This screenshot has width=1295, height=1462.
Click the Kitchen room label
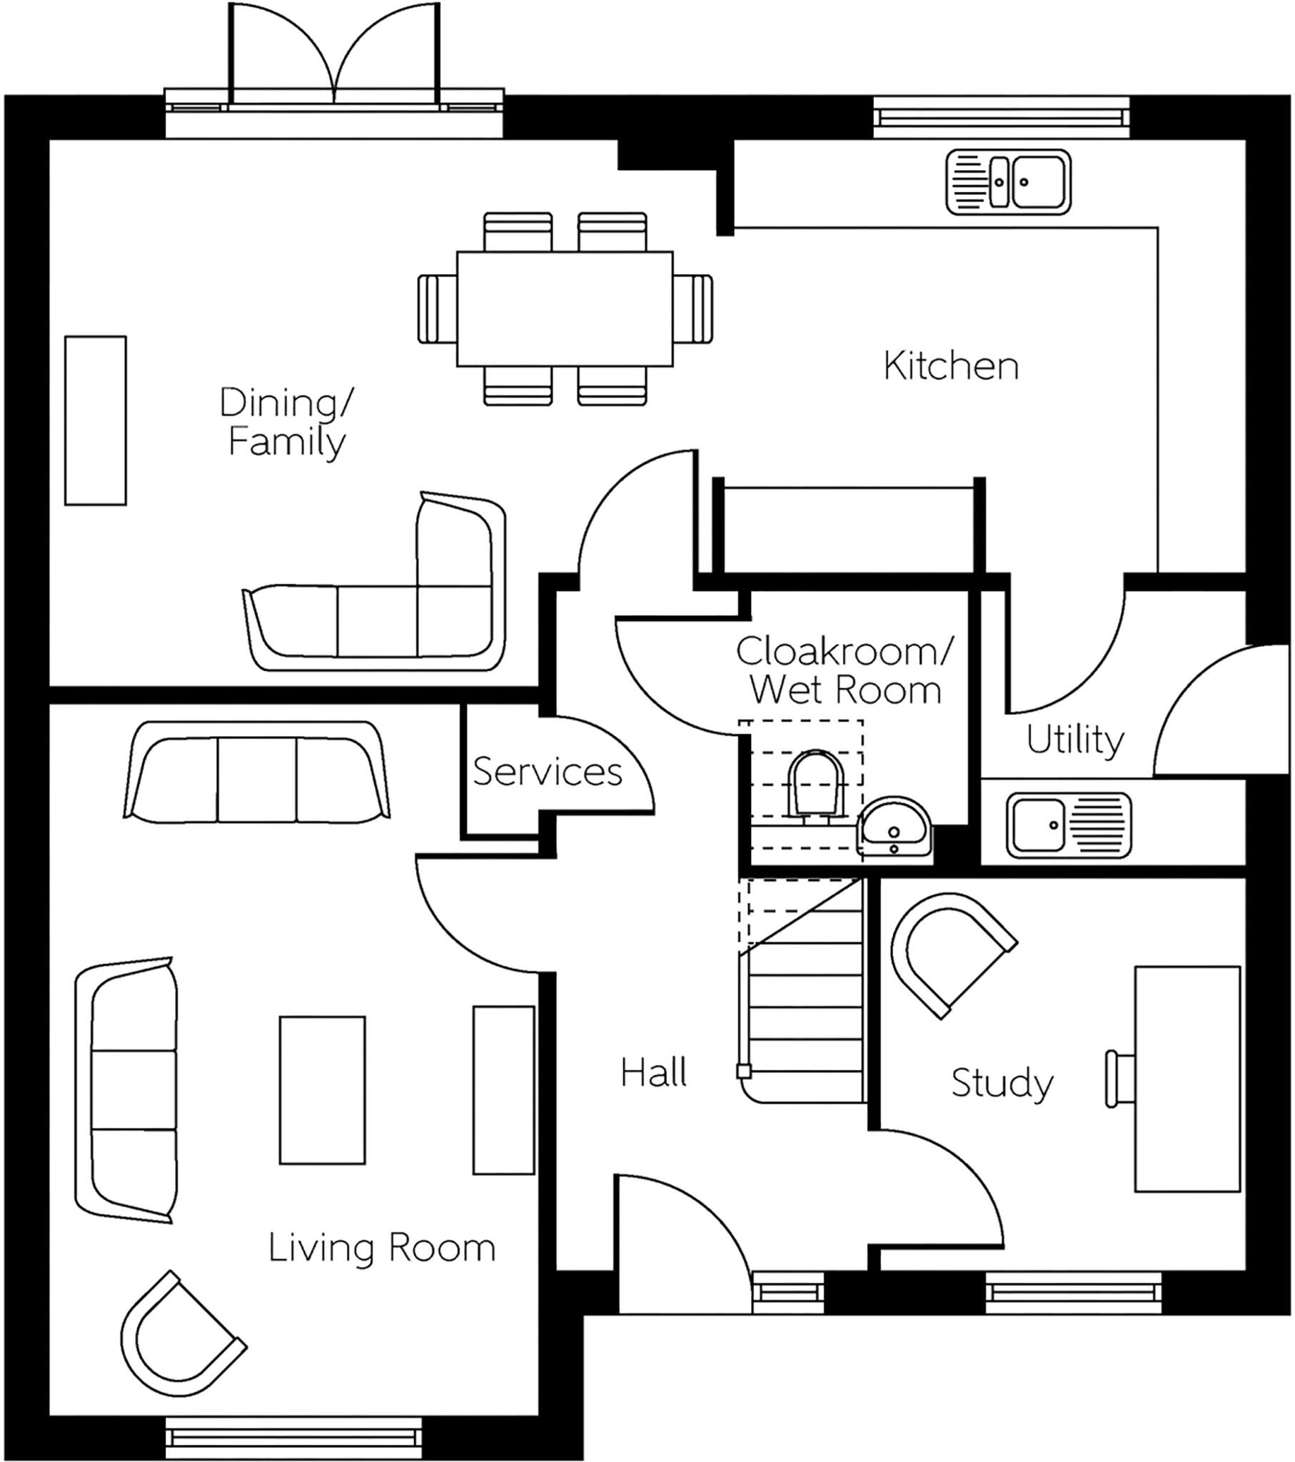click(x=950, y=365)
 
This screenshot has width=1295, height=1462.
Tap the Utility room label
click(x=1074, y=740)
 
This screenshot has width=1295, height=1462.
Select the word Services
click(x=548, y=772)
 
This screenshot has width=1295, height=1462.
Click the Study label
click(x=1001, y=1083)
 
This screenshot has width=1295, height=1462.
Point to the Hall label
click(x=653, y=1073)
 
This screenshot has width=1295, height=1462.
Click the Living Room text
click(x=381, y=1247)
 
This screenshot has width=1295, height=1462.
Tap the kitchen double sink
click(x=1008, y=181)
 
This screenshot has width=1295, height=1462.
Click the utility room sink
click(x=1068, y=825)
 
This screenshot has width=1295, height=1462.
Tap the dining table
click(x=565, y=308)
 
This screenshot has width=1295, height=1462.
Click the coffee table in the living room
click(x=322, y=1090)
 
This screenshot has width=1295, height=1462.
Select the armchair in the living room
click(x=179, y=1335)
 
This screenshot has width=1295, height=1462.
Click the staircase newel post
click(x=743, y=1072)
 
